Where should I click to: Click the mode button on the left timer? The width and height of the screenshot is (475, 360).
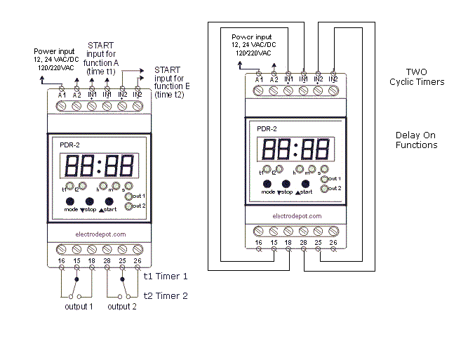click(x=70, y=200)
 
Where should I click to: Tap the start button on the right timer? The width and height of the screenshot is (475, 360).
click(x=305, y=184)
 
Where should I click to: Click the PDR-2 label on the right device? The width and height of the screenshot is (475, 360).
click(x=266, y=129)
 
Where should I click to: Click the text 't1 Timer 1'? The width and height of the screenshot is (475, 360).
click(x=166, y=277)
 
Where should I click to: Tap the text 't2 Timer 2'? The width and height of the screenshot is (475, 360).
click(x=166, y=296)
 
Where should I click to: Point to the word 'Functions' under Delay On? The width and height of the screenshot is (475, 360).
click(x=417, y=145)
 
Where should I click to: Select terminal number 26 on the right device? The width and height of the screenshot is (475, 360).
click(x=333, y=242)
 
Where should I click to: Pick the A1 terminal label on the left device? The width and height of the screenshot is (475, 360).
click(x=62, y=94)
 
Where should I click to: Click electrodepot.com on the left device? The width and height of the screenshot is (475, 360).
click(x=100, y=234)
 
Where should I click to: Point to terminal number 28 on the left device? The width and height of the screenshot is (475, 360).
click(x=107, y=261)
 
